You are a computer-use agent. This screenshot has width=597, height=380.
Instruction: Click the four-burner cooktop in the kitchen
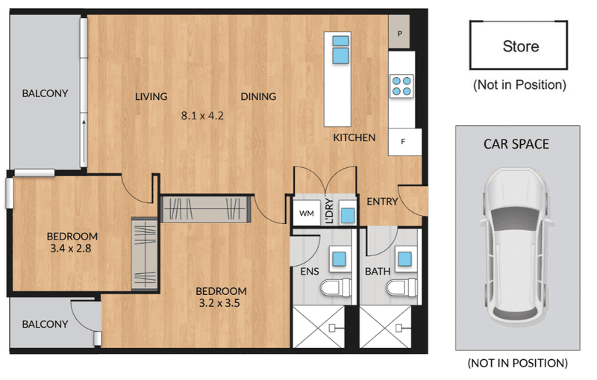click(401, 86)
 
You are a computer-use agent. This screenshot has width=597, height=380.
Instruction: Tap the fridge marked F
click(404, 142)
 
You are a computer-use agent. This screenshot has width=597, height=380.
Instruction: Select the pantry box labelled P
click(399, 32)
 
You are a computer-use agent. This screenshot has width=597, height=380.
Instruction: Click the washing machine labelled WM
click(307, 214)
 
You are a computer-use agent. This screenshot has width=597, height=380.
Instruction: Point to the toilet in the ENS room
click(335, 288)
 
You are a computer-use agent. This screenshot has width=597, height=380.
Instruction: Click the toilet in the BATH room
click(401, 288)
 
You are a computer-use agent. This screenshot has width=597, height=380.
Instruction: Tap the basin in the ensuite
click(339, 259)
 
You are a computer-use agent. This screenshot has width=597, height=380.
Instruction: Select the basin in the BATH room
click(404, 259)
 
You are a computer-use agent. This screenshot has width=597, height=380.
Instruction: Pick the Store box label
click(520, 46)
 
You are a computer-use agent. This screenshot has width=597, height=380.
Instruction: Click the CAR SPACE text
click(516, 144)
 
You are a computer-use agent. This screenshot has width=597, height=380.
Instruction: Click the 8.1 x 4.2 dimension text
click(202, 116)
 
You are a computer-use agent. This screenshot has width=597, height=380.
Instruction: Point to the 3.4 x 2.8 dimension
click(71, 249)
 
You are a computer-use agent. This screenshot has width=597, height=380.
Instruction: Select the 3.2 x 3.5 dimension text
click(219, 303)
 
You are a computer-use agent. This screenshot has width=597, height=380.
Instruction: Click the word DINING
click(258, 97)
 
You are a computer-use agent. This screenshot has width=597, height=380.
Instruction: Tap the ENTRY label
click(382, 202)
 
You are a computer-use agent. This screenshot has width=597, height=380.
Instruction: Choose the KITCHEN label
click(354, 137)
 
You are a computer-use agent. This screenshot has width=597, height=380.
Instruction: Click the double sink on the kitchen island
click(340, 49)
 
